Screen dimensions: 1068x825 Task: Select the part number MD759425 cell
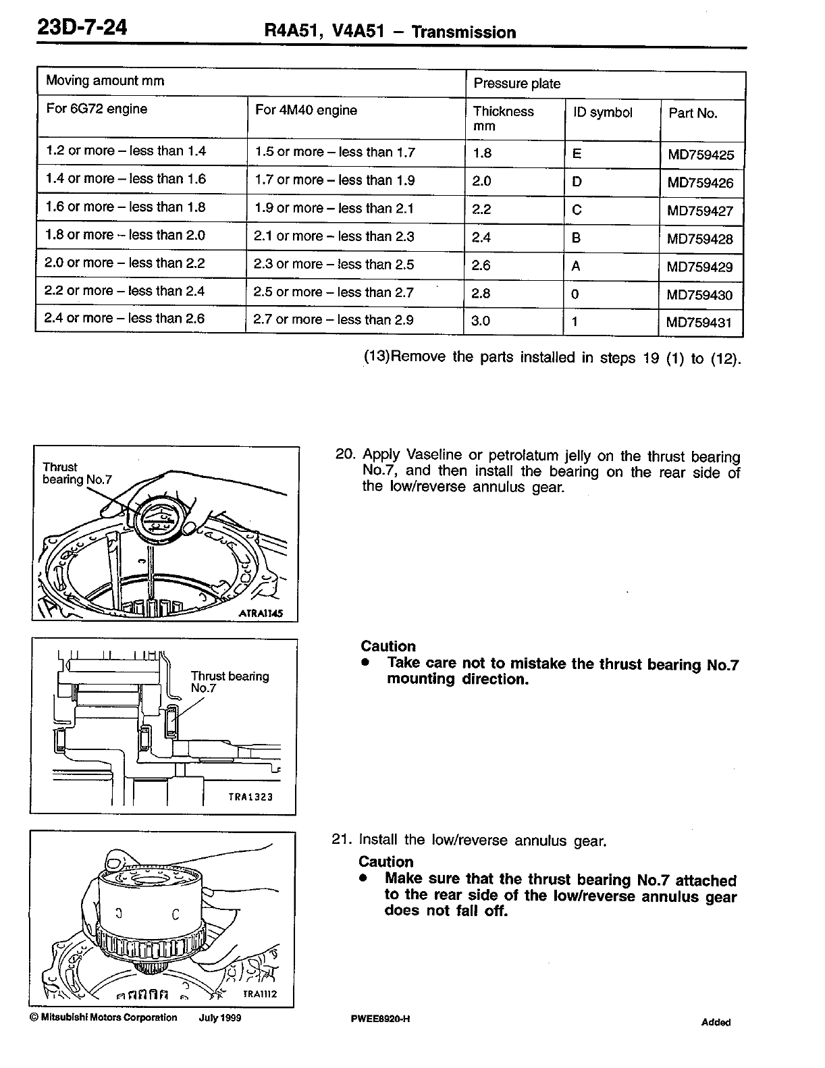click(x=700, y=155)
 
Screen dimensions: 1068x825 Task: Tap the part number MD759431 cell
click(x=699, y=322)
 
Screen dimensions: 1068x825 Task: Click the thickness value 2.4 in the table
click(x=481, y=237)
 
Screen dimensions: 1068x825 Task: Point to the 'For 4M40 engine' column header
click(x=306, y=110)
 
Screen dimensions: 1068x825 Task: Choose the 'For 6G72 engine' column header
click(x=97, y=109)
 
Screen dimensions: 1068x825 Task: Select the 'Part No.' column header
click(x=693, y=113)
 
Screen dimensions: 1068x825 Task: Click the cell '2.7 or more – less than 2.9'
click(x=334, y=320)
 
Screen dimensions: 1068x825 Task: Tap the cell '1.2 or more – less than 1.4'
click(x=126, y=151)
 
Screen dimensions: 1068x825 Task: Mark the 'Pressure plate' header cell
click(x=517, y=84)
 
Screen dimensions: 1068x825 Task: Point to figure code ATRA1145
click(x=260, y=614)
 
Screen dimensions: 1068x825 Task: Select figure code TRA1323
click(x=250, y=797)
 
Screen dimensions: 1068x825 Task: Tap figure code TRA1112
click(x=259, y=994)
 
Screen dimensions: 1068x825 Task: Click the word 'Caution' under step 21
click(x=385, y=861)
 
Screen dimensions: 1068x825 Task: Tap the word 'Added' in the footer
click(x=716, y=1022)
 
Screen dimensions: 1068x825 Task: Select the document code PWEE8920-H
click(x=381, y=1019)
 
